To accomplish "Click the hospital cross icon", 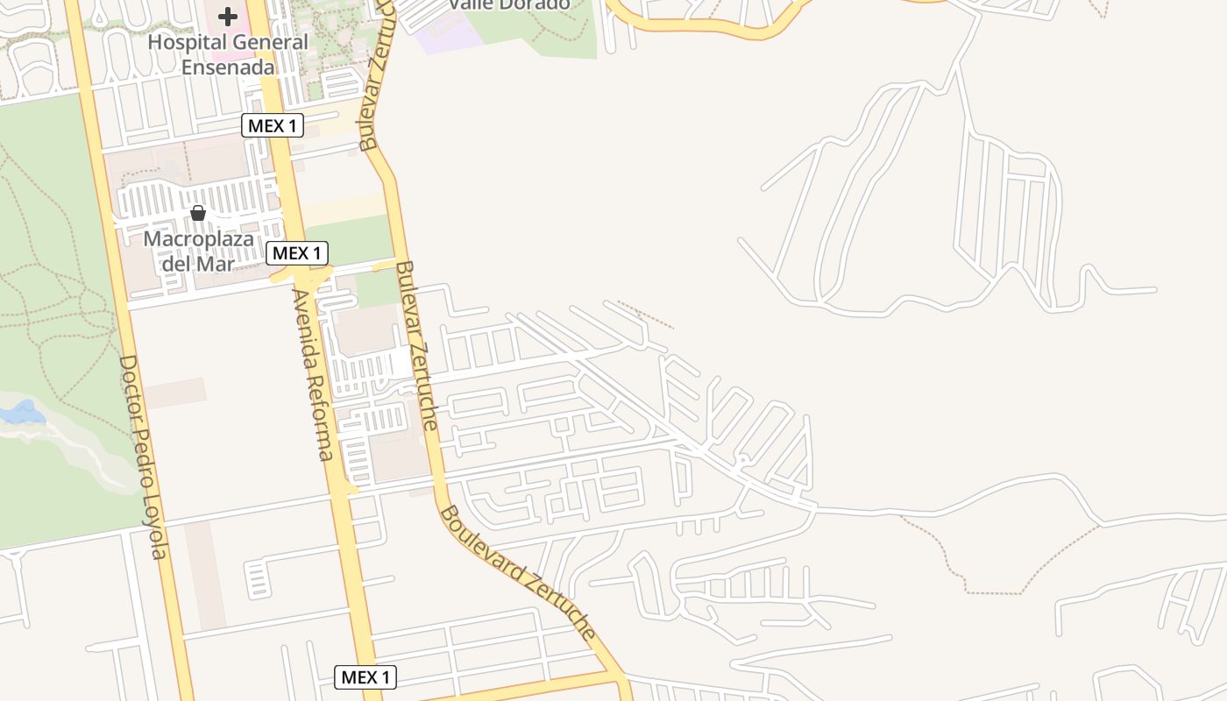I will pos(228,17).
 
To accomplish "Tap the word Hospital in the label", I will pos(181,42).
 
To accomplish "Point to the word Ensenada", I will pos(227,67).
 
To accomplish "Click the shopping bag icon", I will pos(198,213).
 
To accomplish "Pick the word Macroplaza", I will pos(198,238).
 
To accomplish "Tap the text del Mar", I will pos(197,262).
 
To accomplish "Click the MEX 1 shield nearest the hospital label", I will pos(273,125).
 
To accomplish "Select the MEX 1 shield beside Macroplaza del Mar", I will pos(297,253).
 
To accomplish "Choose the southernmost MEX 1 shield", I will pos(365,676).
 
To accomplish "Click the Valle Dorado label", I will pos(508,4).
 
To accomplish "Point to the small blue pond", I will pos(21,413).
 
